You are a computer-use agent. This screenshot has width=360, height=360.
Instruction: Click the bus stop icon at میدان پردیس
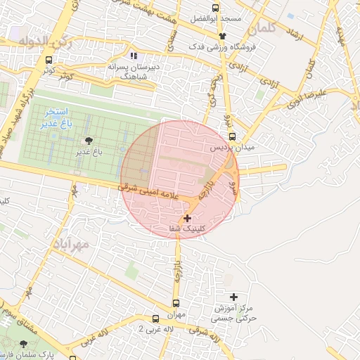click(232, 137)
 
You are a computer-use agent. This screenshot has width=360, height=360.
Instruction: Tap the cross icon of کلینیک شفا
click(186, 219)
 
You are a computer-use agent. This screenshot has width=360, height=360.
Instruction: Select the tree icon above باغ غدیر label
click(88, 141)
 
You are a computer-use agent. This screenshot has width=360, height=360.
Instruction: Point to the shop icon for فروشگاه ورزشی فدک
click(223, 36)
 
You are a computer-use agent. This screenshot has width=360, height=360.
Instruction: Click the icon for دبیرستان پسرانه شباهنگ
click(134, 56)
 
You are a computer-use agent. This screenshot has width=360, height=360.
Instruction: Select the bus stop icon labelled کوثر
click(49, 60)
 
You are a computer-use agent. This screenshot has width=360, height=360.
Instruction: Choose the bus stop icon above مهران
click(176, 304)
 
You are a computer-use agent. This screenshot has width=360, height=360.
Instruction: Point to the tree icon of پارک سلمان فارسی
click(24, 344)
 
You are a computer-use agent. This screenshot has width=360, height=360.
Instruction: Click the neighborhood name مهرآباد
click(70, 244)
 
